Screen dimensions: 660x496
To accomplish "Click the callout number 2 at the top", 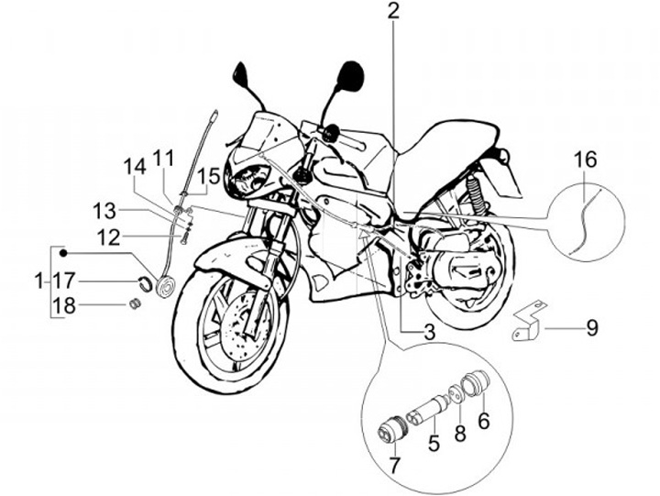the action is pyautogui.click(x=393, y=12).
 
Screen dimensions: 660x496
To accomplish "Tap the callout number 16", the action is pyautogui.click(x=585, y=160).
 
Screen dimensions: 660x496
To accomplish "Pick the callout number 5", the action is pyautogui.click(x=434, y=444).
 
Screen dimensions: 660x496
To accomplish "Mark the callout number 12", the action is pyautogui.click(x=108, y=237).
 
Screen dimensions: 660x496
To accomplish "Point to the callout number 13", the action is pyautogui.click(x=103, y=211).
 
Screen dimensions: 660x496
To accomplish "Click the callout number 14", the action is pyautogui.click(x=135, y=167).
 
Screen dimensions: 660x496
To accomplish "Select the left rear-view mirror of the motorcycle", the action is pyautogui.click(x=242, y=72).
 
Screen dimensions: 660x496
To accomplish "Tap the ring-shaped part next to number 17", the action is pyautogui.click(x=146, y=280).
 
